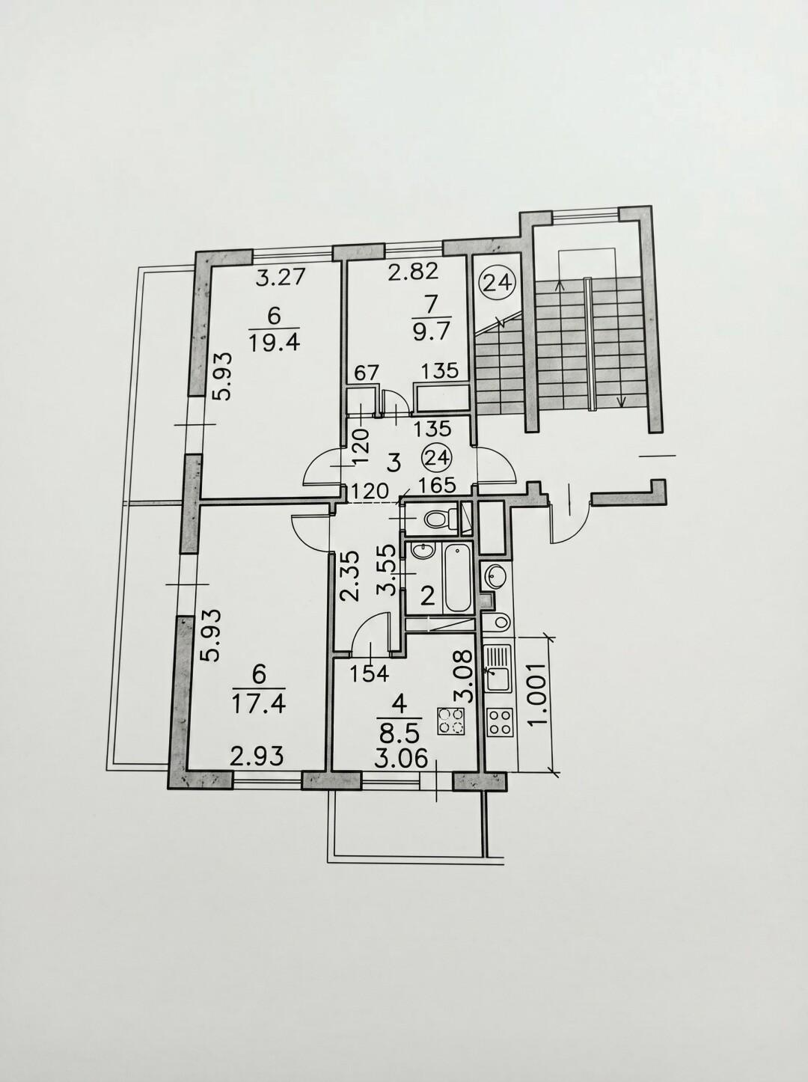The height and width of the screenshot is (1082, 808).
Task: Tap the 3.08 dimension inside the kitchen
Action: point(464,674)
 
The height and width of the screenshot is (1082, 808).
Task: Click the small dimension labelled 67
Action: point(366,372)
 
